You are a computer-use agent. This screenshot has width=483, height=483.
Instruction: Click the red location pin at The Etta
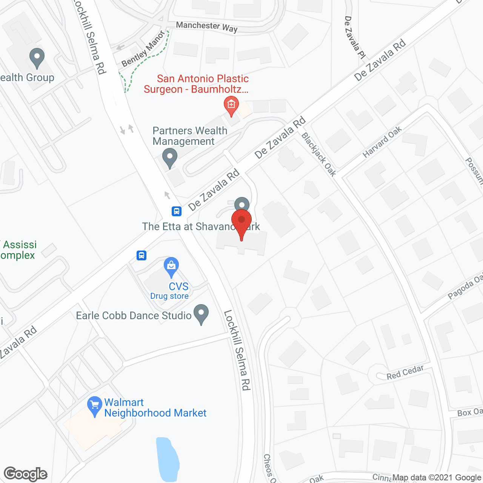[x=241, y=223]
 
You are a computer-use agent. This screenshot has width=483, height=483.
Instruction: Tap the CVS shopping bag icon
[x=171, y=267]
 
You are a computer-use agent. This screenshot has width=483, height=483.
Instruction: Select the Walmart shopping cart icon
[x=94, y=406]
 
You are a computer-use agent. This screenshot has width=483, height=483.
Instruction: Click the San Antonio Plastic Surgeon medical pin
[x=231, y=105]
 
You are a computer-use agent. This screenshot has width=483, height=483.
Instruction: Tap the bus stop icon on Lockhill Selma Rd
[x=177, y=211]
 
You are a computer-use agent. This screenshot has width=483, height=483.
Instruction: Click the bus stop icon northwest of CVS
[x=142, y=255]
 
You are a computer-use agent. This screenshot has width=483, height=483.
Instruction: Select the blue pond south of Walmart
[x=168, y=458]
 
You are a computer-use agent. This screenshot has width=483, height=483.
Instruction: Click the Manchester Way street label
[x=207, y=26]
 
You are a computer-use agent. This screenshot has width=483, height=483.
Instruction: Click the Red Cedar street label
[x=405, y=372]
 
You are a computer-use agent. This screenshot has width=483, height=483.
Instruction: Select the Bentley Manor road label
[x=143, y=49]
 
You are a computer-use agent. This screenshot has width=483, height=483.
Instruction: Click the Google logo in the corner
[x=26, y=474]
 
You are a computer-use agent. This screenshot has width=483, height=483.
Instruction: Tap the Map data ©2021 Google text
[x=437, y=478]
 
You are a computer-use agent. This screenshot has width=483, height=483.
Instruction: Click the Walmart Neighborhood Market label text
[x=155, y=408]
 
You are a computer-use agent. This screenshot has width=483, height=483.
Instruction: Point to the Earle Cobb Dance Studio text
[x=134, y=315]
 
